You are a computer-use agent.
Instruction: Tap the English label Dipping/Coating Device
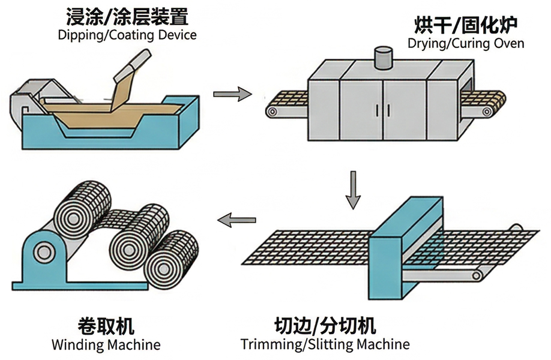[x=127, y=34]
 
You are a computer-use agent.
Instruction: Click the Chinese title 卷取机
[x=106, y=326]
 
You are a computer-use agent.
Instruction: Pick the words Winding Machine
[x=106, y=345]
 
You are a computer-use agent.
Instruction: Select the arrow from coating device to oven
[x=232, y=94]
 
